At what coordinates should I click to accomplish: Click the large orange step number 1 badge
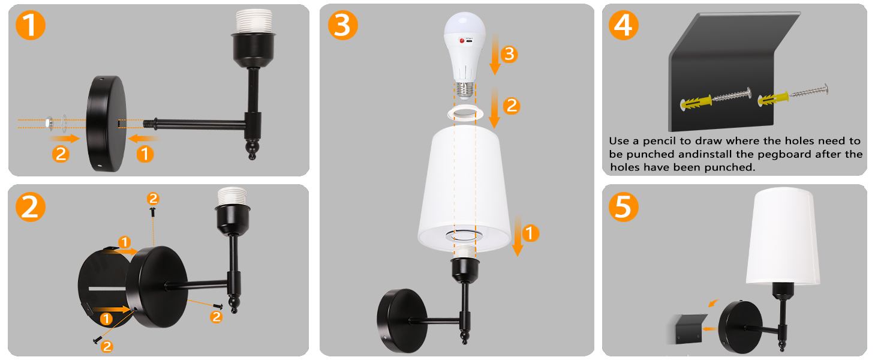(31, 25)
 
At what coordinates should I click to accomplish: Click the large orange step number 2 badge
(31, 207)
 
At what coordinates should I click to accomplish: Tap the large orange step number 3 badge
(343, 25)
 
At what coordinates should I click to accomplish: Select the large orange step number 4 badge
(624, 25)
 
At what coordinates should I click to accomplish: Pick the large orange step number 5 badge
(624, 207)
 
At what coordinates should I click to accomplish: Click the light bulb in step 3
(465, 55)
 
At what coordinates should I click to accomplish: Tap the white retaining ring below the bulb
(465, 113)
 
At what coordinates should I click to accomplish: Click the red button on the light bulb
(462, 41)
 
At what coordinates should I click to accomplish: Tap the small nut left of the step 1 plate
(49, 122)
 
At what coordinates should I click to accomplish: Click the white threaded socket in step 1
(254, 22)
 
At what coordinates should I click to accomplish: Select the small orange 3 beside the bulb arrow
(509, 54)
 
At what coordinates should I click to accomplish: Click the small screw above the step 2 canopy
(153, 212)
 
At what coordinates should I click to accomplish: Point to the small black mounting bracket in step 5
(687, 329)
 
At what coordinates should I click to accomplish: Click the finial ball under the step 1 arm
(252, 149)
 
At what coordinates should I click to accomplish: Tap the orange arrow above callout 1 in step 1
(143, 138)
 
